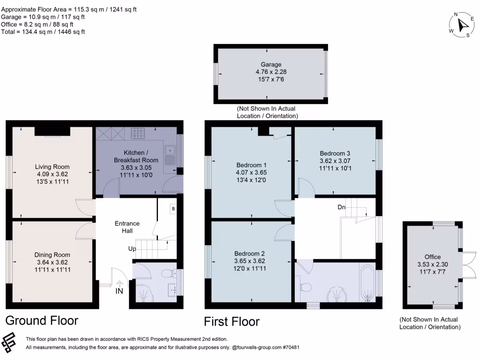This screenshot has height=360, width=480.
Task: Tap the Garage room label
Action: pos(271,65)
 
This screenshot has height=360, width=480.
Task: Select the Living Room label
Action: pos(52,166)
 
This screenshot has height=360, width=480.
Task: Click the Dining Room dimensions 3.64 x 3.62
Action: pos(52,262)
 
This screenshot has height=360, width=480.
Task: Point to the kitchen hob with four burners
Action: pos(138,133)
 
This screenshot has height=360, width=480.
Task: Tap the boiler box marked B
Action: pos(173,208)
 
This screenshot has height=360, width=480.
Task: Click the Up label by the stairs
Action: pos(133,248)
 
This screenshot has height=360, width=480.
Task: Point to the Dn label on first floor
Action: pos(342,207)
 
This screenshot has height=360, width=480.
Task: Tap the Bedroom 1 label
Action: pos(251,165)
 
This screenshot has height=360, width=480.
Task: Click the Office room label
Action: pos(432,257)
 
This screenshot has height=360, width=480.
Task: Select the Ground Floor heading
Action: pos(41,321)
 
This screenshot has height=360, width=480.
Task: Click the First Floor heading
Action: pos(232,322)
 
